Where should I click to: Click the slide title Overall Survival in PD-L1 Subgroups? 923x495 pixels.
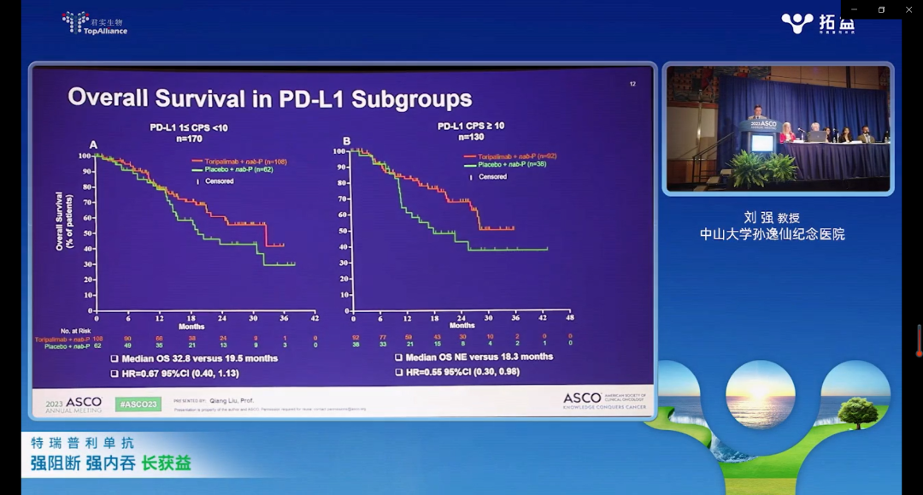coord(269,97)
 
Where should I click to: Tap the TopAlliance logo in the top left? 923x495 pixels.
coord(95,23)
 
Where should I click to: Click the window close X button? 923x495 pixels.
coord(908,9)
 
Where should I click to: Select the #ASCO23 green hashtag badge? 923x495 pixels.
coord(138,403)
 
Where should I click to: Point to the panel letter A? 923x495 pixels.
coord(93,144)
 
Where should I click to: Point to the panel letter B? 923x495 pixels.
coord(347,141)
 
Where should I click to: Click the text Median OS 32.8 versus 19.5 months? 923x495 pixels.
coord(199,358)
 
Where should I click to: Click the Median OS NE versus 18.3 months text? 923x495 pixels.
coord(479,357)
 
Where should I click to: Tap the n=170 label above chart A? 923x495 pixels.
coord(189,137)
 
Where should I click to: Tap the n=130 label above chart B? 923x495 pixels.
coord(472,137)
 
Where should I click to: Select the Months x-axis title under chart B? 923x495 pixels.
coord(462,326)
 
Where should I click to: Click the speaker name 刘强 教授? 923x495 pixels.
coord(772,217)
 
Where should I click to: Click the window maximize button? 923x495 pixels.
coord(881,9)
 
